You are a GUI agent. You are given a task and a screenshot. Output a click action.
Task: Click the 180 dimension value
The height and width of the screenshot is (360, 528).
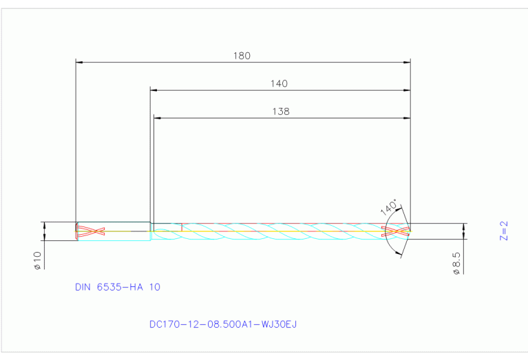point(242,56)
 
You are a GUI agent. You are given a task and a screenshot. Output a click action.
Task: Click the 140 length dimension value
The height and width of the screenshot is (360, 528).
point(279,83)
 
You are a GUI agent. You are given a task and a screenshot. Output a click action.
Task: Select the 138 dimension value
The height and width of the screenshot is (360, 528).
point(281,111)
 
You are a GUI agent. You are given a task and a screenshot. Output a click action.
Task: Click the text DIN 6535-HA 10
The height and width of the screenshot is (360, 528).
point(117,287)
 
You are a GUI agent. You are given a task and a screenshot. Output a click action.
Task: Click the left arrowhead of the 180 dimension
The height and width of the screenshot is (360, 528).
point(78,63)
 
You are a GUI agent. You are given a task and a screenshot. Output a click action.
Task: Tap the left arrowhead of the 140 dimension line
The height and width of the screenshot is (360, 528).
point(154,90)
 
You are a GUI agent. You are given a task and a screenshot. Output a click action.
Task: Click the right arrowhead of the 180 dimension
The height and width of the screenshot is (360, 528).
point(407,63)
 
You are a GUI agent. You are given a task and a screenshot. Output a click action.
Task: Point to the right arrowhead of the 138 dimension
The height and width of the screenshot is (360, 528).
point(407,118)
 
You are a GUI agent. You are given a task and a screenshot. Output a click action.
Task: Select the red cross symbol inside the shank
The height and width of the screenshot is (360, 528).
point(90,231)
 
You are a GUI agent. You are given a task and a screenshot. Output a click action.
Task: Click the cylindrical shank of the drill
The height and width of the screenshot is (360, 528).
point(114,231)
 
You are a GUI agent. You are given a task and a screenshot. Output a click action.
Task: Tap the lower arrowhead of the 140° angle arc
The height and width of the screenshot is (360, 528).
point(400,254)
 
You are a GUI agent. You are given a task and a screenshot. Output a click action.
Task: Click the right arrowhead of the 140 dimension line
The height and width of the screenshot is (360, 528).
point(407,90)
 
